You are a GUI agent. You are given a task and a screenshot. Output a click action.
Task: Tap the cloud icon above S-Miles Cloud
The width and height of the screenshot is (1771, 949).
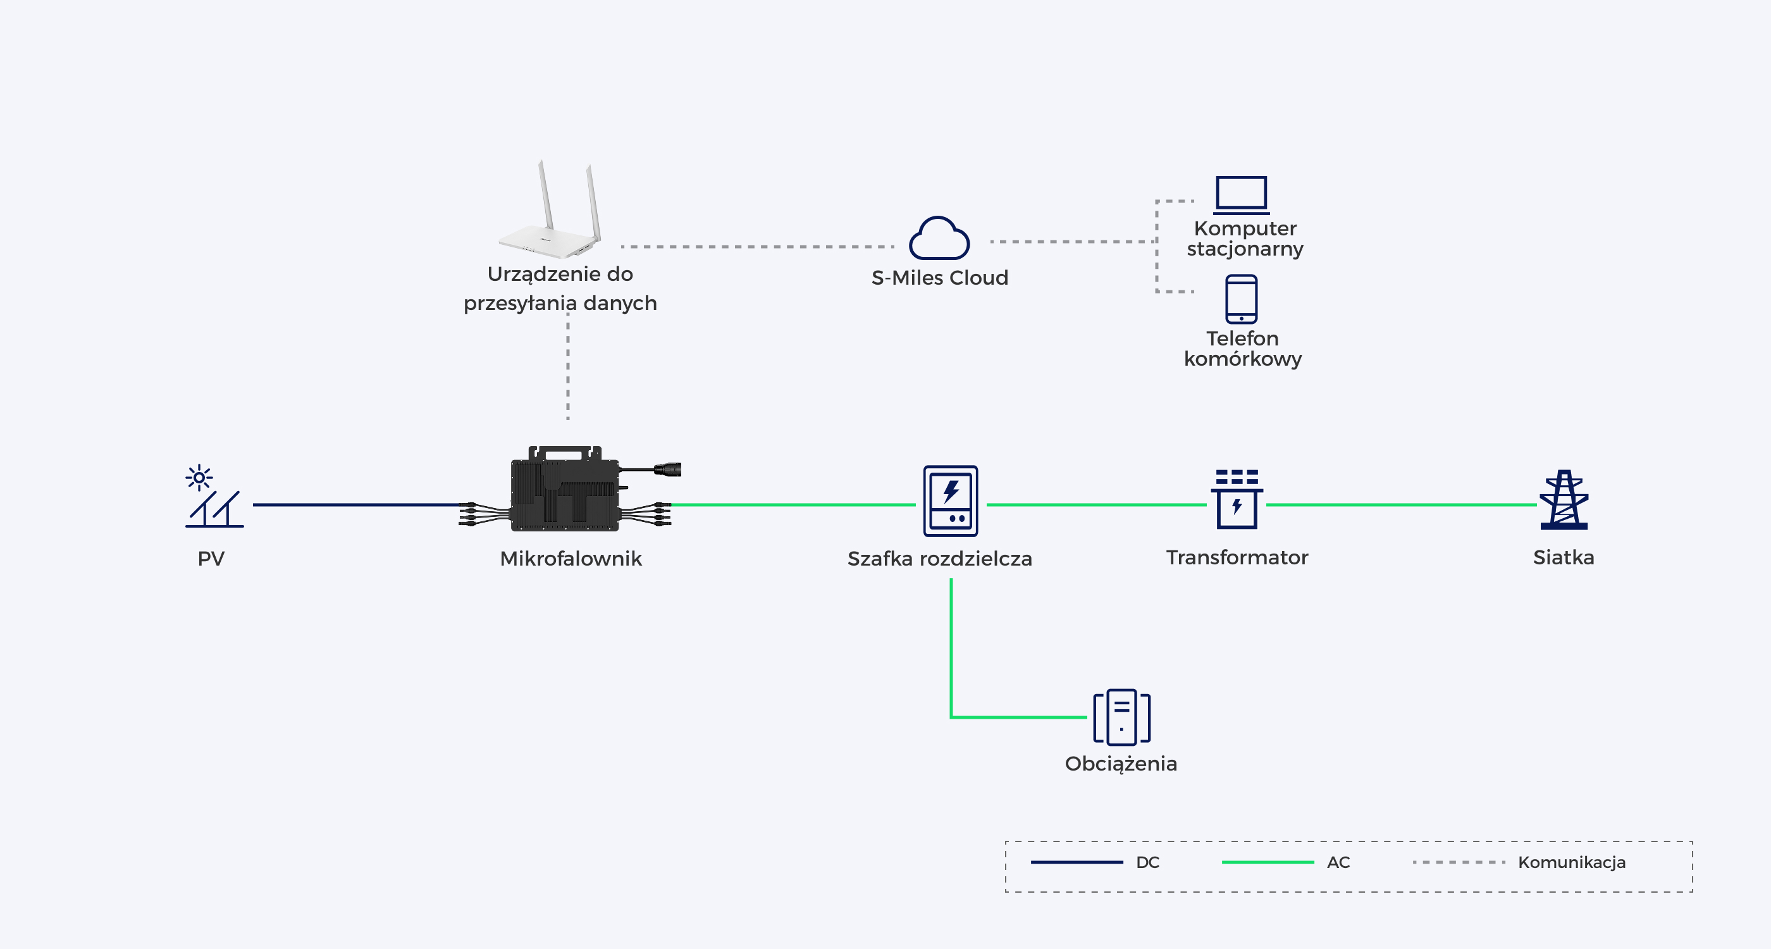939,238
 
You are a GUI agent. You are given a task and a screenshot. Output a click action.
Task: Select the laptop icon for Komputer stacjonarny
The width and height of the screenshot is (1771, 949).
1242,195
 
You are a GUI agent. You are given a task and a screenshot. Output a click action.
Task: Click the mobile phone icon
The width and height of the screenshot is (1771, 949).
1242,299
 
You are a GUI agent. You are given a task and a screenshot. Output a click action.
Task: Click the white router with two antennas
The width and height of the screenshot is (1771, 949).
550,210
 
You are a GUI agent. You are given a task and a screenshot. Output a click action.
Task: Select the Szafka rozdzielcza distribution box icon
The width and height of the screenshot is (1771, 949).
950,500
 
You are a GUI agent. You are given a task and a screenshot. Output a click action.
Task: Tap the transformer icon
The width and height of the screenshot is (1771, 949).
1237,499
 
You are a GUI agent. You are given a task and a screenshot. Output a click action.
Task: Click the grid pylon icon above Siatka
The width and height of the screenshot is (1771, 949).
1564,500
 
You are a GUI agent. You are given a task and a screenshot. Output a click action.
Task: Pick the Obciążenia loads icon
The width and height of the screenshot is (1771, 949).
1122,717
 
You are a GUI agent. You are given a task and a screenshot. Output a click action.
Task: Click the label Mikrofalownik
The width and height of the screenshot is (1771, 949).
571,559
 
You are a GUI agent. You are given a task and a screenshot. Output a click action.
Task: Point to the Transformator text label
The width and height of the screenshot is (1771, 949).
1237,557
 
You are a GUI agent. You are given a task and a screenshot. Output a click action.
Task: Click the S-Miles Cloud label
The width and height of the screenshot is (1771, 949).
940,278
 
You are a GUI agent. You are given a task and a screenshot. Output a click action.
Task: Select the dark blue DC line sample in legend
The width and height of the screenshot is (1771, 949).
1077,862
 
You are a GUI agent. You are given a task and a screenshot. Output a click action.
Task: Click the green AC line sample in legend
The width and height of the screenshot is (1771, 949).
1268,862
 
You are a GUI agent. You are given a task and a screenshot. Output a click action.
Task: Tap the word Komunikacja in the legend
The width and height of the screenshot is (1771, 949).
1572,862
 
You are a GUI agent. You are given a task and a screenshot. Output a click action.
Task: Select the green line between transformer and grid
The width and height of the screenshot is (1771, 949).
1401,505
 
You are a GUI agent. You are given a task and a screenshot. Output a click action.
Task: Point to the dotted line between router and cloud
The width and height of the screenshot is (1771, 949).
757,246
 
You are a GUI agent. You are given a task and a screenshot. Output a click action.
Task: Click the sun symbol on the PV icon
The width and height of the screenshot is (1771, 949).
199,477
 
